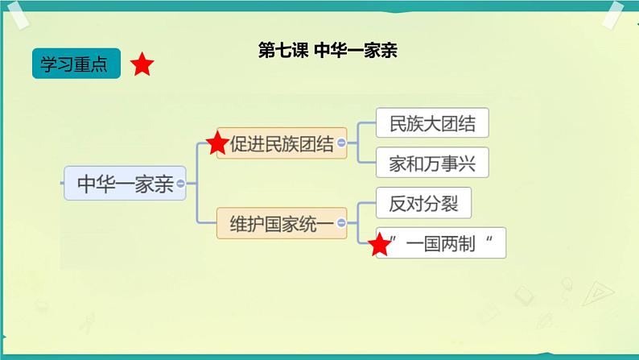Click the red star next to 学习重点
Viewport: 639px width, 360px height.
[142, 65]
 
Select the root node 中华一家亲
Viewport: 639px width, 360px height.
[125, 184]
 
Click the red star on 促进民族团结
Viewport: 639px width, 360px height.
[216, 144]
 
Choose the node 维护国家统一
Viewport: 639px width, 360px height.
[281, 222]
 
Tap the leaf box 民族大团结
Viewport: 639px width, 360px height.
[432, 124]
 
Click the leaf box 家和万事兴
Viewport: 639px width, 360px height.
[432, 163]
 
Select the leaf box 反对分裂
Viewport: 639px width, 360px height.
[423, 203]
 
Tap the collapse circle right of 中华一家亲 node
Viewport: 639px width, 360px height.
[180, 184]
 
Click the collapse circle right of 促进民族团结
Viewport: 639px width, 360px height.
[341, 143]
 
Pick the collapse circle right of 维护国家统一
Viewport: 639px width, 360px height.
[342, 222]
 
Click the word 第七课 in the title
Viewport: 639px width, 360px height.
[280, 51]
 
